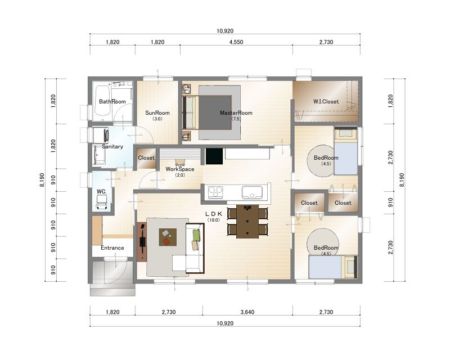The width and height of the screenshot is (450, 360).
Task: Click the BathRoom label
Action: pyautogui.click(x=112, y=101)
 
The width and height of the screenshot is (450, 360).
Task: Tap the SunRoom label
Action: pyautogui.click(x=157, y=113)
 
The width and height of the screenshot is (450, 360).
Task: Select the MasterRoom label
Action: pyautogui.click(x=236, y=113)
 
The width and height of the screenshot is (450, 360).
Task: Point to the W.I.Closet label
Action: pyautogui.click(x=326, y=101)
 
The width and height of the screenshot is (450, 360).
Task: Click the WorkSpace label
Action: pyautogui.click(x=180, y=169)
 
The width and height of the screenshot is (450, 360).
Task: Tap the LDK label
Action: pyautogui.click(x=214, y=214)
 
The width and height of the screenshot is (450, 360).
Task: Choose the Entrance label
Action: pyautogui.click(x=112, y=247)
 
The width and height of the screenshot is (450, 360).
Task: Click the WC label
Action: pyautogui.click(x=101, y=191)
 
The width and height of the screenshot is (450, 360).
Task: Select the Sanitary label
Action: pyautogui.click(x=112, y=146)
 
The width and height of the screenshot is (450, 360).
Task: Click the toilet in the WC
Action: pyautogui.click(x=101, y=201)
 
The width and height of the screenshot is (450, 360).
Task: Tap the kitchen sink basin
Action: pyautogui.click(x=252, y=192)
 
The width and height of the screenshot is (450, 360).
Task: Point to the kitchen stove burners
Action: pyautogui.click(x=215, y=192)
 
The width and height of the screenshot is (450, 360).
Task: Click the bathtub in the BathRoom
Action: pyautogui.click(x=102, y=103)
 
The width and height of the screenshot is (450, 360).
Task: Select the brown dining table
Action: pyautogui.click(x=247, y=221)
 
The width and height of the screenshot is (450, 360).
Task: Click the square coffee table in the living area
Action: pyautogui.click(x=168, y=237)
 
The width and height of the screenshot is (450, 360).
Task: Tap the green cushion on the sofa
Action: pyautogui.click(x=196, y=236)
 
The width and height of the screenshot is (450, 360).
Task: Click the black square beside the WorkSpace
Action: pyautogui.click(x=214, y=156)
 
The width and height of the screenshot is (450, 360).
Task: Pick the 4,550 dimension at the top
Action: pyautogui.click(x=236, y=42)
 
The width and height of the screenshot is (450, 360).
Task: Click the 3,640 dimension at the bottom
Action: pyautogui.click(x=247, y=312)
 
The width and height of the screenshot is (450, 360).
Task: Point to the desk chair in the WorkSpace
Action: pyautogui.click(x=180, y=163)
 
